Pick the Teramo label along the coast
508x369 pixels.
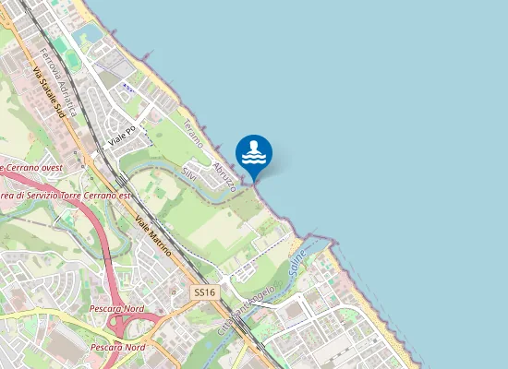(192, 133)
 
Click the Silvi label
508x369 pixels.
(188, 173)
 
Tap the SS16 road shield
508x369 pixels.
(204, 292)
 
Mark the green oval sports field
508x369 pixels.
(60, 43)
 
